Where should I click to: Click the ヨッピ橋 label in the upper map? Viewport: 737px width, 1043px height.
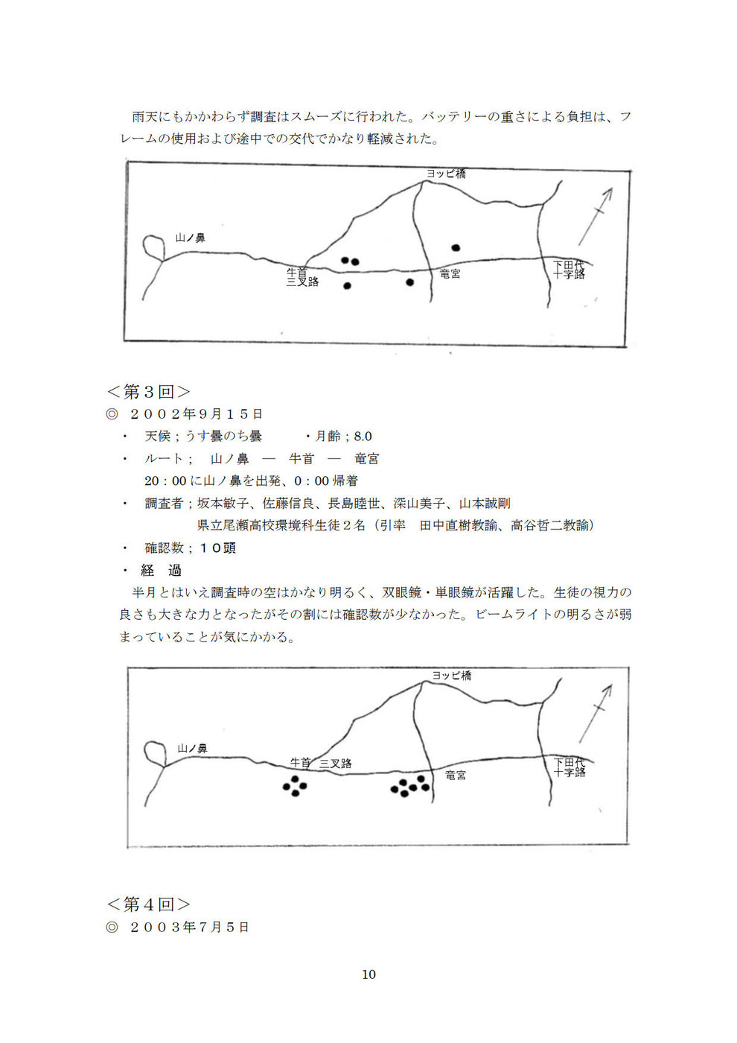[446, 173]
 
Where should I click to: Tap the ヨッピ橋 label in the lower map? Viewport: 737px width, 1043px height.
[452, 676]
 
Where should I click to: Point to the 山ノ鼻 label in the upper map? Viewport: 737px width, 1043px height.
[190, 238]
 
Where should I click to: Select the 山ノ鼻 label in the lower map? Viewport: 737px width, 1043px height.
[192, 748]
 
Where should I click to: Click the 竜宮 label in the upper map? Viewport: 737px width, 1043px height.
[450, 274]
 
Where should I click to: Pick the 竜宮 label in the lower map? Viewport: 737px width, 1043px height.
[456, 776]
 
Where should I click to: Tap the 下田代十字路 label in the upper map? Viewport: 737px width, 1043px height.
[569, 269]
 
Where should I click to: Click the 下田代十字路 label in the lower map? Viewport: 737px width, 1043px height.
[570, 767]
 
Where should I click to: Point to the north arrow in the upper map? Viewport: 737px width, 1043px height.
[596, 215]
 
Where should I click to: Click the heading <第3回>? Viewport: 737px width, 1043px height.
[148, 391]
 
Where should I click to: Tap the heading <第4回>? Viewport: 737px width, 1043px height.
[148, 904]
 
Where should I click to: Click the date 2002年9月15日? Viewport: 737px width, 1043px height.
[196, 413]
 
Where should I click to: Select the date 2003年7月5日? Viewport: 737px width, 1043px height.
[189, 927]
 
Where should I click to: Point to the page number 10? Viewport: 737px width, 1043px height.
[368, 974]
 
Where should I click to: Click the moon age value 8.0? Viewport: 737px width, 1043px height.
[363, 436]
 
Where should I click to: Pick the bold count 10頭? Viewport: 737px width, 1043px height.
[217, 548]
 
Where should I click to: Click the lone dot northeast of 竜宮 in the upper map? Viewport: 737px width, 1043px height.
[456, 247]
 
